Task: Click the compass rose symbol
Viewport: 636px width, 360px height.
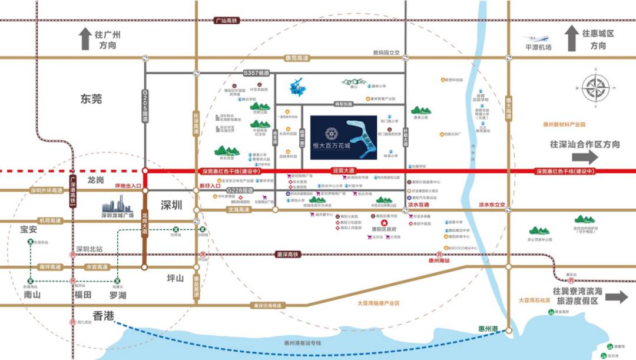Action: (x=596, y=88)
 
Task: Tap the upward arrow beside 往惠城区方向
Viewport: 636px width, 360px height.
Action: (x=571, y=38)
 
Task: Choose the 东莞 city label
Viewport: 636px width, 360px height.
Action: (x=91, y=99)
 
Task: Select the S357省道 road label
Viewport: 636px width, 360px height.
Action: (x=256, y=72)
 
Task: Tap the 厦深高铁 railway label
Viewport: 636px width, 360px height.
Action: (x=288, y=255)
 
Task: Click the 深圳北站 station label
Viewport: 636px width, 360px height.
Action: (x=89, y=249)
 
